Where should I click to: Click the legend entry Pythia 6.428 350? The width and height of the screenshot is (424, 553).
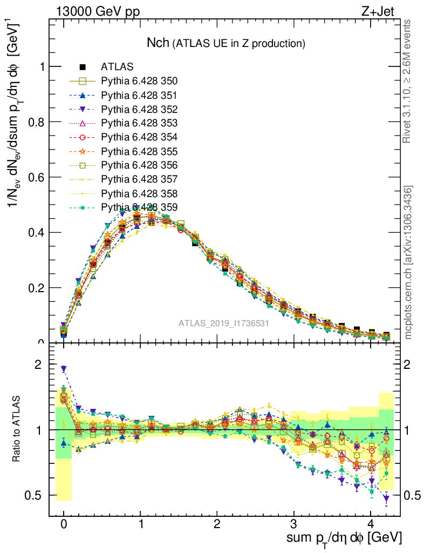[139, 82]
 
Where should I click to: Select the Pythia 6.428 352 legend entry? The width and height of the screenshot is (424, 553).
[139, 109]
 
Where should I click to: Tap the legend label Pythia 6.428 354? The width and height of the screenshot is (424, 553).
[139, 137]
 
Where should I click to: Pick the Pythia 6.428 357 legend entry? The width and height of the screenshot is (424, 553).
[139, 179]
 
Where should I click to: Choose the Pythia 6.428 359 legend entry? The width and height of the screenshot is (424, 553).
[139, 207]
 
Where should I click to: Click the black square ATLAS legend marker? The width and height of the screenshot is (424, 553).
[83, 68]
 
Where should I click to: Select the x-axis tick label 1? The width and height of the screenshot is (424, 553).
[141, 523]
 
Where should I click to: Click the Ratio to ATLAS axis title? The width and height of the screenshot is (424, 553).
[18, 427]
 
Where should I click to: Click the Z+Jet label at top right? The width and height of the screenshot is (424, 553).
[384, 11]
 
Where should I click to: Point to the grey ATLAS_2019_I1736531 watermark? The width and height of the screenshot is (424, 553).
[224, 323]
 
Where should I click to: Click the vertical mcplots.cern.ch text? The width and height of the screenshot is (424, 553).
[408, 263]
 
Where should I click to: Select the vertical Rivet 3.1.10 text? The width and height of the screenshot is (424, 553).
[408, 82]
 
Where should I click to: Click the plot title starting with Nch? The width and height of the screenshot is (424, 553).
[226, 43]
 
